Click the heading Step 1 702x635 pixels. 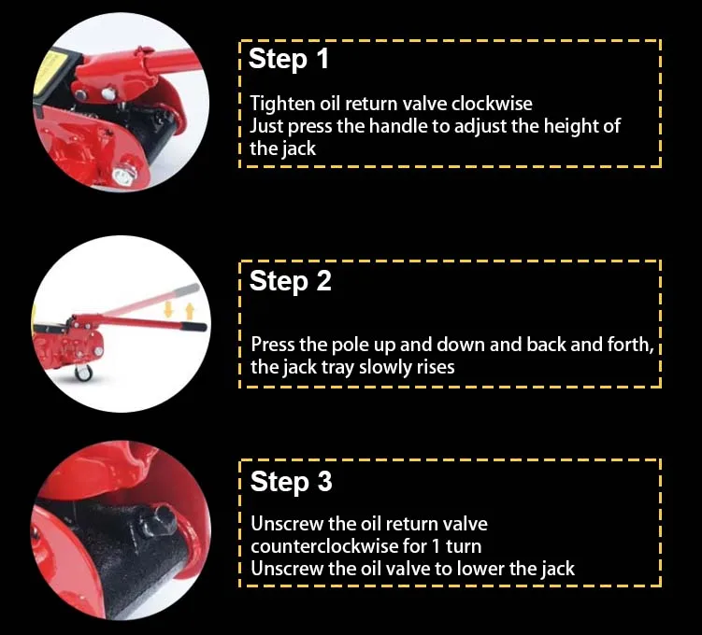[289, 59]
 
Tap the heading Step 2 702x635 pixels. [290, 281]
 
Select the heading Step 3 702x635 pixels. [291, 482]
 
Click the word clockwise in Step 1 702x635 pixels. [492, 104]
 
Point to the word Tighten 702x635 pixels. [282, 105]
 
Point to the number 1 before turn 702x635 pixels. [437, 546]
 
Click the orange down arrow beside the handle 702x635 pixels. [169, 309]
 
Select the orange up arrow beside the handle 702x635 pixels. [190, 311]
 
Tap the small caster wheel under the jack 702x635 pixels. [84, 372]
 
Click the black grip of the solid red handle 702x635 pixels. [193, 327]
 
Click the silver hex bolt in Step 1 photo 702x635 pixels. [122, 176]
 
